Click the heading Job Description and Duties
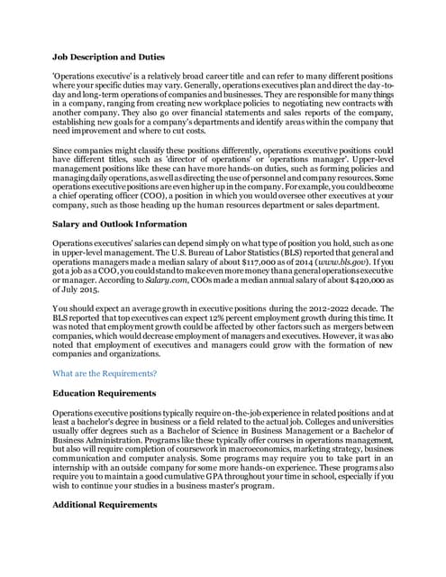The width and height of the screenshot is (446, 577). pyautogui.click(x=108, y=57)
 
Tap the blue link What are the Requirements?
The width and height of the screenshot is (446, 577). pyautogui.click(x=105, y=372)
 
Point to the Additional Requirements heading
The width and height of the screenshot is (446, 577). pyautogui.click(x=105, y=505)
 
